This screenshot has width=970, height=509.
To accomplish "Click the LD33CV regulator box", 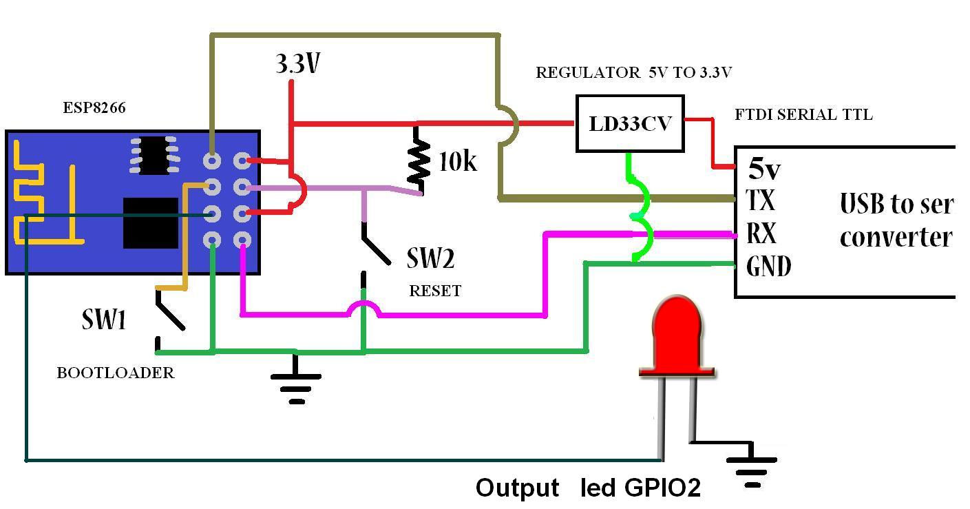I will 629,124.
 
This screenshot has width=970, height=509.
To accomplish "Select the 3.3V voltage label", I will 298,64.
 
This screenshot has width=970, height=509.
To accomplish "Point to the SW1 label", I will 104,320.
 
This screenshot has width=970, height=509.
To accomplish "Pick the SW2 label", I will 430,259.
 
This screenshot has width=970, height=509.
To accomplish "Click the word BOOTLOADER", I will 115,373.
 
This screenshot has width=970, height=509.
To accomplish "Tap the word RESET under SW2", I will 435,291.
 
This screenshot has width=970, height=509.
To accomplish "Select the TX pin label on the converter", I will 761,201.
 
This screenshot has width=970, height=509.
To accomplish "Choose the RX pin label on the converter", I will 762,234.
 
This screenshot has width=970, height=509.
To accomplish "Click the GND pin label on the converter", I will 769,266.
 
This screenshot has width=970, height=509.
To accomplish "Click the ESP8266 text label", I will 94,108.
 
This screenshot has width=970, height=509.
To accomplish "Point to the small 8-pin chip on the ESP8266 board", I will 154,154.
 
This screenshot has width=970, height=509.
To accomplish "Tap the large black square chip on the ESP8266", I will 150,222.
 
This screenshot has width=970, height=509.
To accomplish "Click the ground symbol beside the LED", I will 752,466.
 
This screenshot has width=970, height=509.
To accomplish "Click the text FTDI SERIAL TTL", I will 803,115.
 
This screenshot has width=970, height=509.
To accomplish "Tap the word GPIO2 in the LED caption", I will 662,488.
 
